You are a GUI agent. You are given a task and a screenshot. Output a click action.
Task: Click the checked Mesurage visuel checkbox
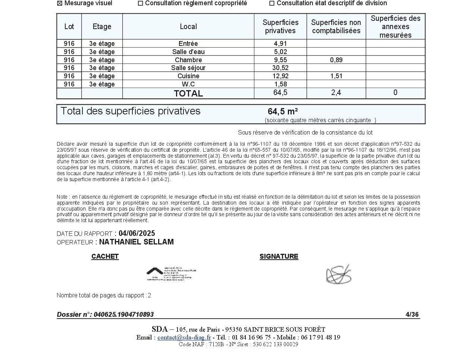click(59, 3)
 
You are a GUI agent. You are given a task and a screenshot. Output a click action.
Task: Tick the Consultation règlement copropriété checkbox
click(141, 3)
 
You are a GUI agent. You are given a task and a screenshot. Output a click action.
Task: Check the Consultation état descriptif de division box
click(272, 3)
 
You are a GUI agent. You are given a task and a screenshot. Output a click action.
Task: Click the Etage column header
click(102, 26)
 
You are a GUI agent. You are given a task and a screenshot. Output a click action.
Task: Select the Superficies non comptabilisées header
click(336, 26)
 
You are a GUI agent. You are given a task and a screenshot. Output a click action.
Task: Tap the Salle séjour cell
click(188, 68)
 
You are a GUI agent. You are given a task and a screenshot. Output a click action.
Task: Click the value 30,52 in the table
click(280, 68)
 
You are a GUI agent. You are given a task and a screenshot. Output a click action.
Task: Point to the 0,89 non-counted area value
click(336, 60)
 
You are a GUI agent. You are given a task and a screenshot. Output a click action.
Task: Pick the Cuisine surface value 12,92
click(280, 76)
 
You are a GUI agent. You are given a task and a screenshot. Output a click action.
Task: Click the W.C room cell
click(188, 84)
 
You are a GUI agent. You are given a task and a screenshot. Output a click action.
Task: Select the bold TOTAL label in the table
click(188, 93)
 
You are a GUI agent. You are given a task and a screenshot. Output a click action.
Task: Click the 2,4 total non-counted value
click(336, 93)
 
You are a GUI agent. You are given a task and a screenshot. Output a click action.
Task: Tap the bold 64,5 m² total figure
click(283, 111)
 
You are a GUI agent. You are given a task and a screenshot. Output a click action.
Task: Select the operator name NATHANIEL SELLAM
click(136, 242)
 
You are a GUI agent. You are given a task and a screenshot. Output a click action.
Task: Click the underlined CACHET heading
click(105, 256)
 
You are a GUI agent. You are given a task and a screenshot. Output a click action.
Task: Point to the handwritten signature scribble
click(339, 275)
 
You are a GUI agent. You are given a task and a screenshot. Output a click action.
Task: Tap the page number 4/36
click(412, 315)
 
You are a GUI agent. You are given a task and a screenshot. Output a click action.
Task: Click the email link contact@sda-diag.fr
click(184, 337)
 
